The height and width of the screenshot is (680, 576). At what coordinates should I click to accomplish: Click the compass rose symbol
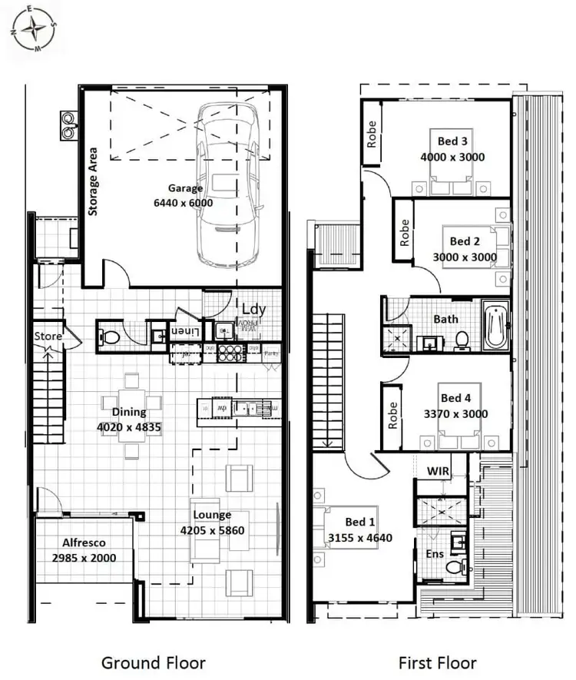33,28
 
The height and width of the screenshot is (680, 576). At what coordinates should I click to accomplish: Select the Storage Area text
94,181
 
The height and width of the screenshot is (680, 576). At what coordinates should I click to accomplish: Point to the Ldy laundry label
254,309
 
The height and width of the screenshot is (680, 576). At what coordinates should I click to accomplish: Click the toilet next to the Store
110,336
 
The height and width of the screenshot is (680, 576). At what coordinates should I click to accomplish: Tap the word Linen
184,331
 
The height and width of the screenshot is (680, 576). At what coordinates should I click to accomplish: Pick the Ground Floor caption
153,662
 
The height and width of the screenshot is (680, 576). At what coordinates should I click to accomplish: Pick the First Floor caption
437,662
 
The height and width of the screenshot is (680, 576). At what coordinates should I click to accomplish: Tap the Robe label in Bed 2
405,232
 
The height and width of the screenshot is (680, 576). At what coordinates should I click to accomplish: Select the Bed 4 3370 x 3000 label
455,406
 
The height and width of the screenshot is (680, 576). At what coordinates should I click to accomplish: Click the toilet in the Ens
455,566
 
